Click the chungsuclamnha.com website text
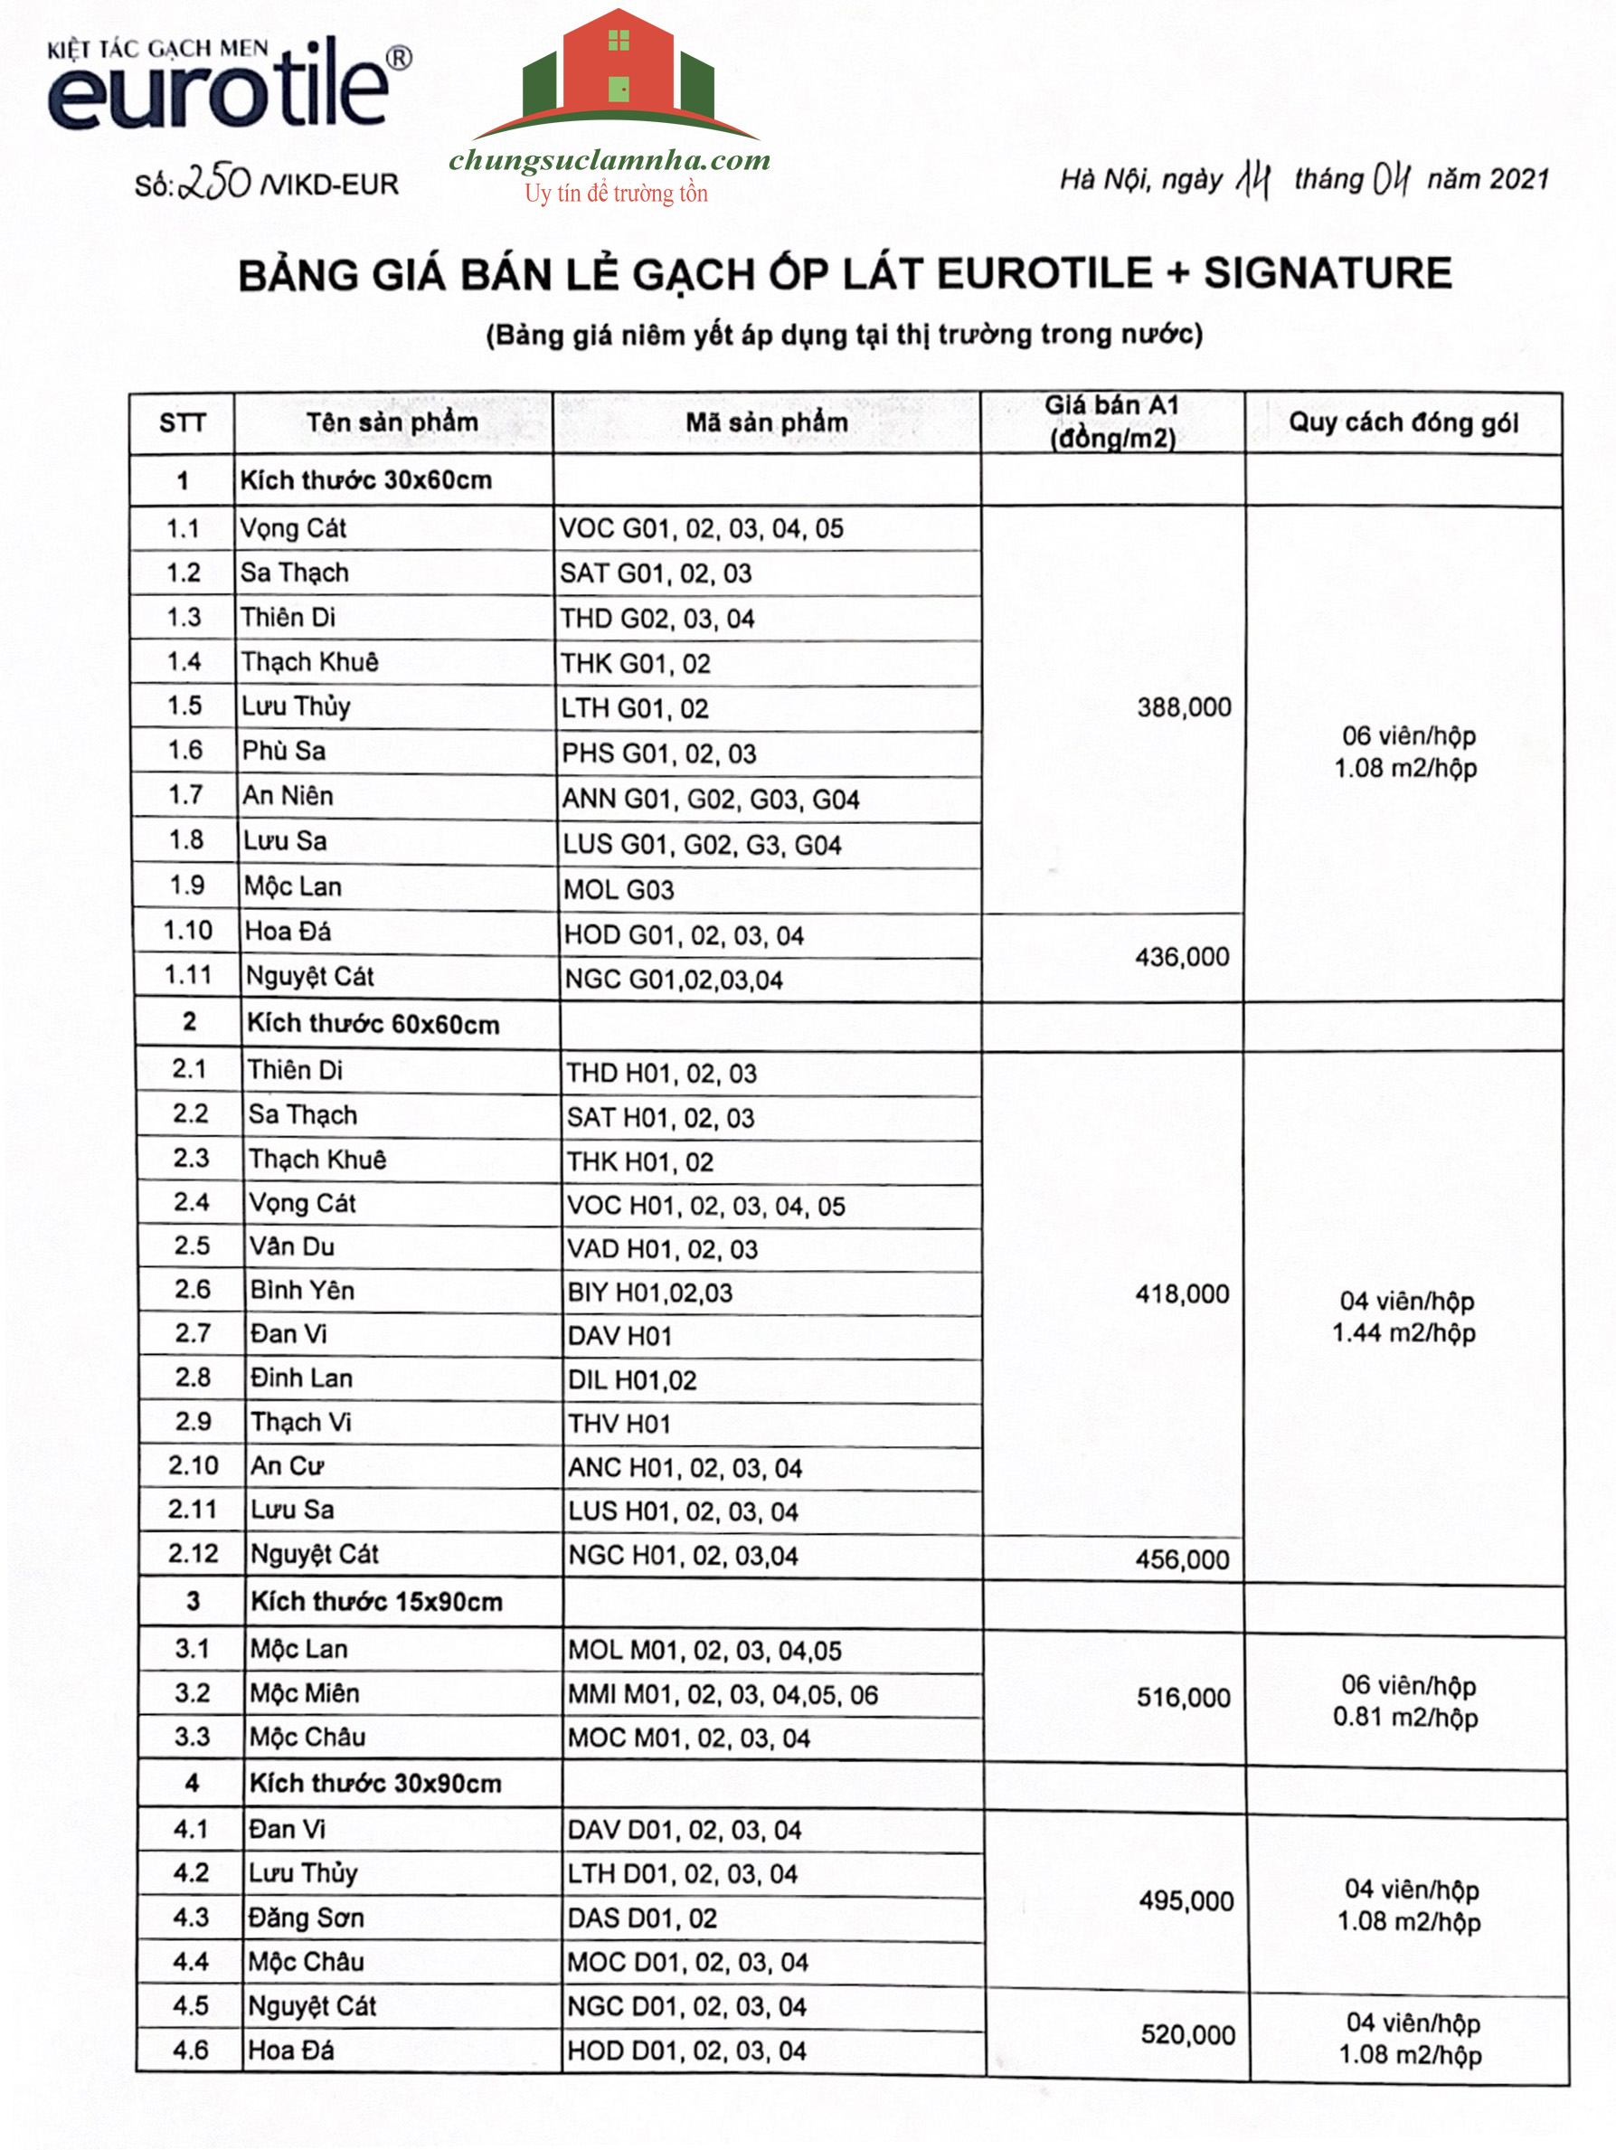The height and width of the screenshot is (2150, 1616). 610,160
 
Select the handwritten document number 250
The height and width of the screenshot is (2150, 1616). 216,182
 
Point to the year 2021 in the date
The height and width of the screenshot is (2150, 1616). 1519,180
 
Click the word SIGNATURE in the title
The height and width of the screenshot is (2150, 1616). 1328,273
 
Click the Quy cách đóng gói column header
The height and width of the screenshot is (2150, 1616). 1403,422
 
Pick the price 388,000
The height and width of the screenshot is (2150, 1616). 1184,707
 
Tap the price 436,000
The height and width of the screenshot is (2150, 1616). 1182,957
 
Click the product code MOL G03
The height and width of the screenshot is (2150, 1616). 619,889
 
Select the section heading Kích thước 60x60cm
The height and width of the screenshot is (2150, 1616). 373,1025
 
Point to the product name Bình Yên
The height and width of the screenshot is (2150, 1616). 302,1290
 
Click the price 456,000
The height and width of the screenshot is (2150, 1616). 1182,1560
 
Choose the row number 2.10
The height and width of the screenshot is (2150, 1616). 193,1465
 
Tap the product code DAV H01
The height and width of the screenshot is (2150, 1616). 620,1337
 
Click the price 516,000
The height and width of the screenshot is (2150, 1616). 1184,1698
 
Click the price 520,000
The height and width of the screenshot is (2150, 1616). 1187,2034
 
